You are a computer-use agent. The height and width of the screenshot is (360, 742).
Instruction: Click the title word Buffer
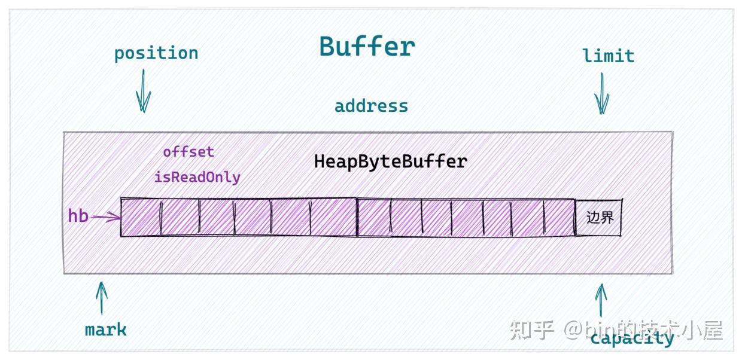(x=367, y=46)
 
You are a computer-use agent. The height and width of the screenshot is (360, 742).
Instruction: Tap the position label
(x=156, y=53)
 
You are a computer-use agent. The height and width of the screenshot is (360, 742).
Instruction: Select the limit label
(x=608, y=56)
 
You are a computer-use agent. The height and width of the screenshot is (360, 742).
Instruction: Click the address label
(x=371, y=106)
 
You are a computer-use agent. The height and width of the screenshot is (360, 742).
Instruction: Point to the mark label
(x=105, y=330)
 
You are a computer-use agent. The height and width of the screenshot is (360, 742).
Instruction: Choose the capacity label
(x=632, y=339)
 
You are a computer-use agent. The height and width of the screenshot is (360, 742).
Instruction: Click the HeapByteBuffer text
(x=390, y=161)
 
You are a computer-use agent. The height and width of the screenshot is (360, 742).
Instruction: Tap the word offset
(x=188, y=152)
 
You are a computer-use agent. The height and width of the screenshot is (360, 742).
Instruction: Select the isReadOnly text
(x=197, y=177)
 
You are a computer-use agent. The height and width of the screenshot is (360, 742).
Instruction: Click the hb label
(x=78, y=216)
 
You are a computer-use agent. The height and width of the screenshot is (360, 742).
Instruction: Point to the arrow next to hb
(x=106, y=217)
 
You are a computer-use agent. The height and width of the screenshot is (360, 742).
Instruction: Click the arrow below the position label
(x=143, y=90)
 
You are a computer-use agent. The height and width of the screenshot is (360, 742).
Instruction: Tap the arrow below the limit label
(x=602, y=93)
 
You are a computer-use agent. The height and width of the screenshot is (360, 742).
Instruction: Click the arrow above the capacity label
(x=601, y=300)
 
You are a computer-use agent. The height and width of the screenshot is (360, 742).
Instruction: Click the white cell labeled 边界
(x=599, y=217)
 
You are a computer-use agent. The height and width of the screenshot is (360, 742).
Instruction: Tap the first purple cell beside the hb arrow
(x=141, y=217)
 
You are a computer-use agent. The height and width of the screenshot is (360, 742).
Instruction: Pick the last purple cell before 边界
(x=559, y=218)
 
